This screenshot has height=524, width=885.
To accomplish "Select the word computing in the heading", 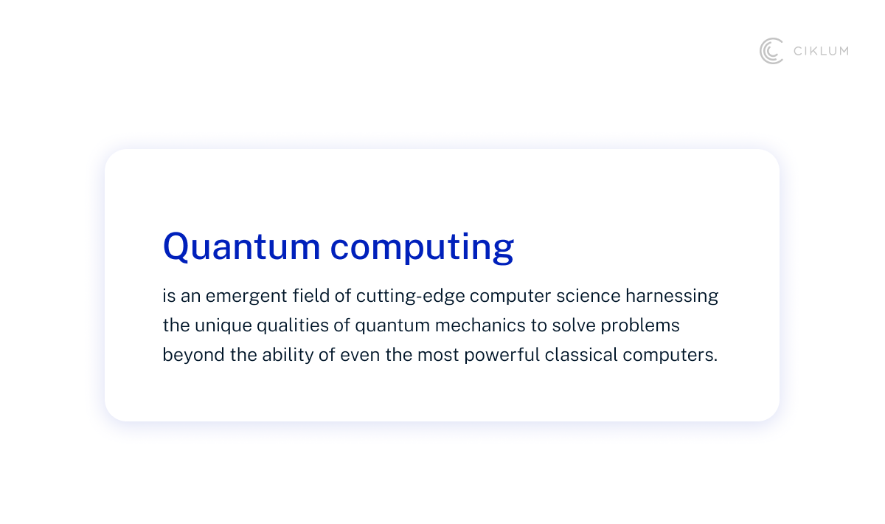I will (x=422, y=248).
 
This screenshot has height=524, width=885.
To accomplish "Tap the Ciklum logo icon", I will (x=771, y=51).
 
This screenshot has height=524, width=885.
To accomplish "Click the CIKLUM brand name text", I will (x=820, y=51).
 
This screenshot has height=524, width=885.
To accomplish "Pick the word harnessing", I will (x=672, y=297).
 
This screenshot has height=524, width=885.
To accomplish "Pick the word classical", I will (x=579, y=355).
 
